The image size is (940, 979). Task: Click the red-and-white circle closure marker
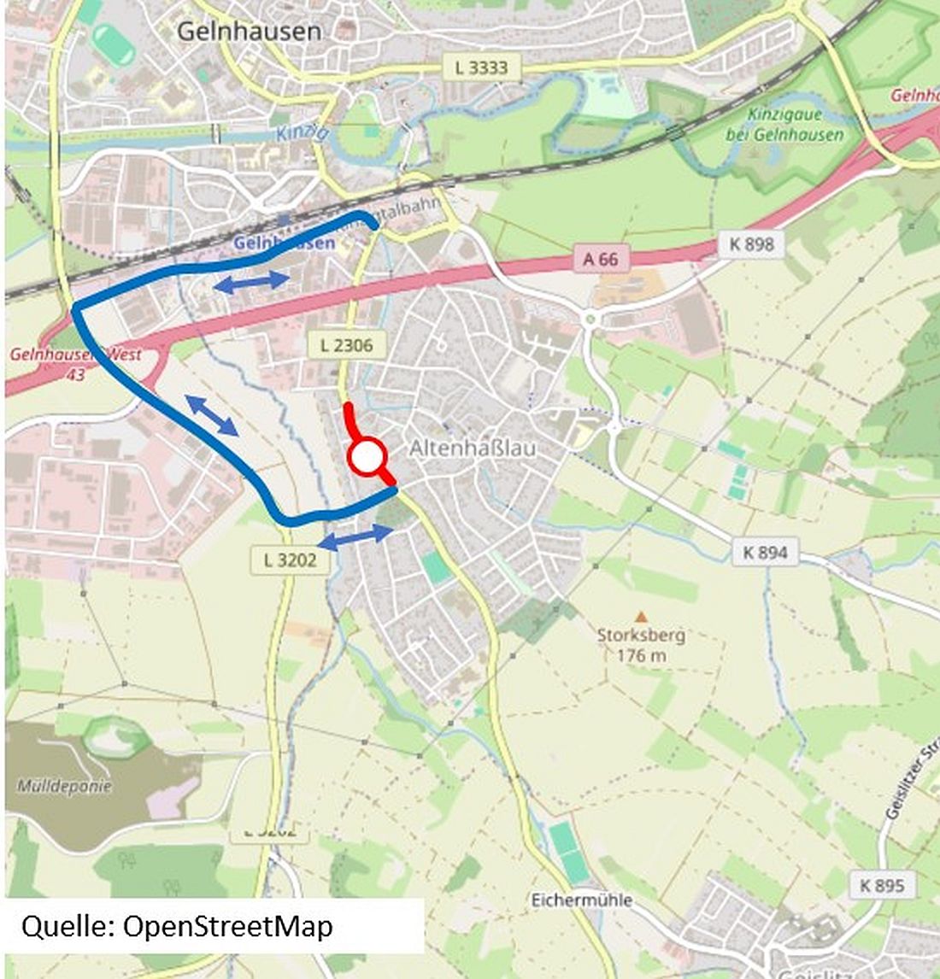click(x=366, y=458)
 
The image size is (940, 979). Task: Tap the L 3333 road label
click(x=481, y=67)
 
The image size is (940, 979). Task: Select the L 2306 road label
click(x=346, y=345)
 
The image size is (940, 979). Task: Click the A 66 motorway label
click(x=600, y=257)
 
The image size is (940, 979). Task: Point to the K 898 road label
click(x=751, y=244)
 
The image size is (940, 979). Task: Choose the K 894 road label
click(x=765, y=552)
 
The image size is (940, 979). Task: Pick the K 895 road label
click(x=883, y=885)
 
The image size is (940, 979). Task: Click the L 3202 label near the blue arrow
click(x=291, y=560)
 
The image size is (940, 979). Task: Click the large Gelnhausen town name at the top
click(x=250, y=32)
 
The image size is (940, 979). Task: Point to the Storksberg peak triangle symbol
click(x=640, y=616)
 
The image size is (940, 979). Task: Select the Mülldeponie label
click(x=64, y=786)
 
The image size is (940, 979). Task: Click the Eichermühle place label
click(x=581, y=900)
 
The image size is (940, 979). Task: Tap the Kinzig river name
click(x=302, y=133)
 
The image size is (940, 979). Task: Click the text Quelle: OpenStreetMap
click(x=177, y=926)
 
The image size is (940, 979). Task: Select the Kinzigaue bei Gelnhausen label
click(x=784, y=125)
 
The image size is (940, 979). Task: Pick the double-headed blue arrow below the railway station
click(x=251, y=281)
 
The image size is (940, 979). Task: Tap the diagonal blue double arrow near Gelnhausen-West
click(x=212, y=416)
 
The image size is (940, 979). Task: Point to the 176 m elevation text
click(x=640, y=655)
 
